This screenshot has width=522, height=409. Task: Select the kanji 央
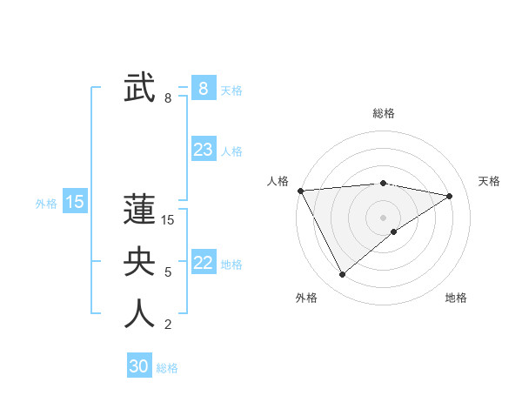[139, 262]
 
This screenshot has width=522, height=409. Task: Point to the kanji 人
[139, 314]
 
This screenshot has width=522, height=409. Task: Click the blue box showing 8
[203, 89]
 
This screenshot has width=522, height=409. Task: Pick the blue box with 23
[203, 150]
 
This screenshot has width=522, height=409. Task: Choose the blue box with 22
[203, 263]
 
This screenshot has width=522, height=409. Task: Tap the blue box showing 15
[75, 203]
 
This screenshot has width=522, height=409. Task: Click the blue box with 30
[138, 366]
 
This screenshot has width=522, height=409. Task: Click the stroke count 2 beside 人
[168, 325]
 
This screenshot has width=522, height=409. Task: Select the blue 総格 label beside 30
[167, 368]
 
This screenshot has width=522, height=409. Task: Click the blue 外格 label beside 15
[46, 204]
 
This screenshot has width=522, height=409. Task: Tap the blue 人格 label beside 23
[231, 151]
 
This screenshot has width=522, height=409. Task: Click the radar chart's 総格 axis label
[383, 113]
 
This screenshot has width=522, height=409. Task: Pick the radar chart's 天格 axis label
[489, 181]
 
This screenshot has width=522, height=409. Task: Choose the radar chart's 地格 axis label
[456, 298]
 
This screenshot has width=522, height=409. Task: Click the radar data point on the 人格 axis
[300, 191]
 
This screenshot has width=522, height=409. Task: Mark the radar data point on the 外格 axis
[342, 275]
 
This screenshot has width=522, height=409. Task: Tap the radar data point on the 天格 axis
[450, 196]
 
